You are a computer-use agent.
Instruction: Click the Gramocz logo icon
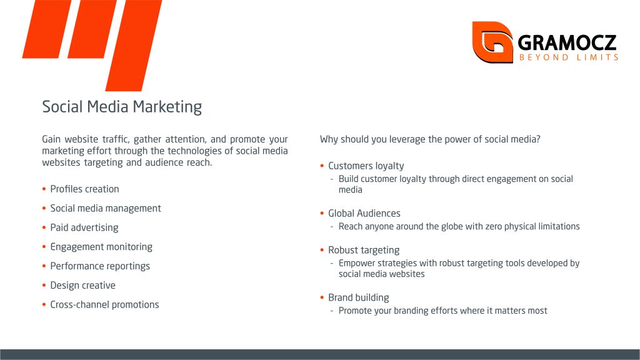pyautogui.click(x=492, y=42)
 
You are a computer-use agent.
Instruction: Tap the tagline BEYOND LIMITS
pyautogui.click(x=569, y=57)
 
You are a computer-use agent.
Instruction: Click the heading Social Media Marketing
pyautogui.click(x=122, y=107)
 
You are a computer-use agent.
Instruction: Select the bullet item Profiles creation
pyautogui.click(x=84, y=189)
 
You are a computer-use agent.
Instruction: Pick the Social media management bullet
pyautogui.click(x=106, y=209)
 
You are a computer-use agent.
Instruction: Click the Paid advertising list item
pyautogui.click(x=84, y=227)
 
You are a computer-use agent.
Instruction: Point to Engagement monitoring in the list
pyautogui.click(x=101, y=247)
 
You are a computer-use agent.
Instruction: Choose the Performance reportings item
pyautogui.click(x=100, y=266)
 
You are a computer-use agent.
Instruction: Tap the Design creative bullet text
pyautogui.click(x=83, y=285)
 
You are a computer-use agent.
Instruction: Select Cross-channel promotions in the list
pyautogui.click(x=104, y=304)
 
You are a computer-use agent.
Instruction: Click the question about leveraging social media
pyautogui.click(x=430, y=139)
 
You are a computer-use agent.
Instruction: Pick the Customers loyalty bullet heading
pyautogui.click(x=366, y=166)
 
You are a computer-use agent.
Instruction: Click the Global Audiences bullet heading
pyautogui.click(x=364, y=214)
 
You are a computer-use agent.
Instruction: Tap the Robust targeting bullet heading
pyautogui.click(x=364, y=250)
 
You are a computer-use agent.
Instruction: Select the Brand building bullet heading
pyautogui.click(x=358, y=297)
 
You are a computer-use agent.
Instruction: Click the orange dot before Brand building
pyautogui.click(x=322, y=297)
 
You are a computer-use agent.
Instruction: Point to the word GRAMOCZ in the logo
pyautogui.click(x=567, y=42)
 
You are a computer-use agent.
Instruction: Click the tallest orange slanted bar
pyautogui.click(x=134, y=45)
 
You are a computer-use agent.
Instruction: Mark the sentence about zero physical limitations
pyautogui.click(x=459, y=226)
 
